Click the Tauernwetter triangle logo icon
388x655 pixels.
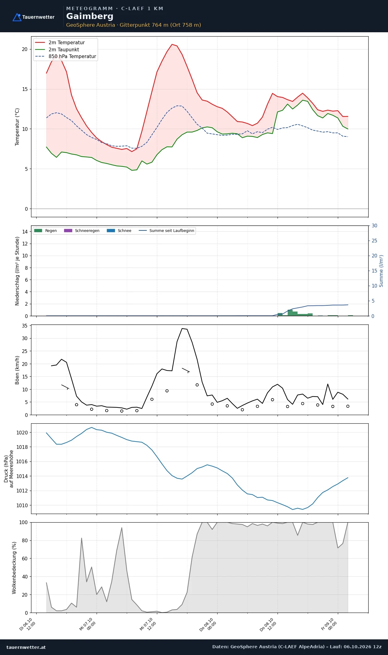(x=17, y=17)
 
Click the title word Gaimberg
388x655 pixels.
(x=90, y=16)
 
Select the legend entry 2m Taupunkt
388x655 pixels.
(x=64, y=49)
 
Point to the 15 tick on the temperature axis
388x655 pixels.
(x=25, y=89)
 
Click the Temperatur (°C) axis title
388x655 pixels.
(x=17, y=127)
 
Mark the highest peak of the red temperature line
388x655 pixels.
(x=172, y=44)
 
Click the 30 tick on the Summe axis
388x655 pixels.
(x=374, y=226)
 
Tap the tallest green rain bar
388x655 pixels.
(x=290, y=313)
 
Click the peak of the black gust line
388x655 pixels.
(x=182, y=328)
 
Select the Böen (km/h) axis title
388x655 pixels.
(x=17, y=370)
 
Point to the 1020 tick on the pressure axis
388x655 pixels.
(x=22, y=433)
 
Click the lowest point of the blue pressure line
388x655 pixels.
(x=293, y=509)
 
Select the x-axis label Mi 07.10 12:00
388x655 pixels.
(x=148, y=624)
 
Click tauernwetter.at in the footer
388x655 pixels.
(x=26, y=647)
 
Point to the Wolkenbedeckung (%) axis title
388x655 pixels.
(x=14, y=568)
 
